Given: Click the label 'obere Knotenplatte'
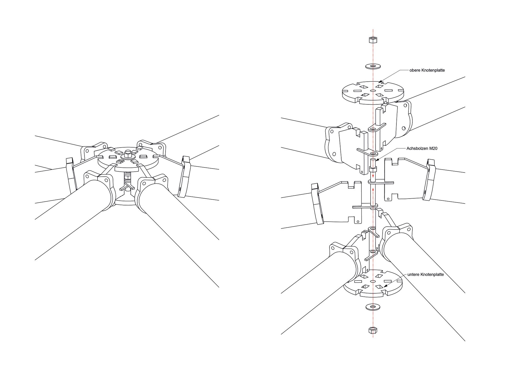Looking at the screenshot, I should pos(427,70).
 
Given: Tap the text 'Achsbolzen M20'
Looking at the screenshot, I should pos(422,148).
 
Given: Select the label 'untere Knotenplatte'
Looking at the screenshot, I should pos(425,274).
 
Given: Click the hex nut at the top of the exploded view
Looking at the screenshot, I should pos(373,40).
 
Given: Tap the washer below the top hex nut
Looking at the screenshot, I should pos(373,66).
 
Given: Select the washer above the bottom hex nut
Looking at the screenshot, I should pos(373,306).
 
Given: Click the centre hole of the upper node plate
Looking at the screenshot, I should pos(373,91).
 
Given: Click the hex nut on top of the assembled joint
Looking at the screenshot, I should pos(128,154).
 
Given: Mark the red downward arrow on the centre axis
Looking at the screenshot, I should pos(373,176).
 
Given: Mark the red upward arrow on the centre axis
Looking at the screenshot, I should pos(373,189).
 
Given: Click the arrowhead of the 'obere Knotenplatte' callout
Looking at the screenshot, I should pos(380,82).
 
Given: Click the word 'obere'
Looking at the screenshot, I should pos(415,70).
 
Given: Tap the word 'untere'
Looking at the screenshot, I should pos(414,274).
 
